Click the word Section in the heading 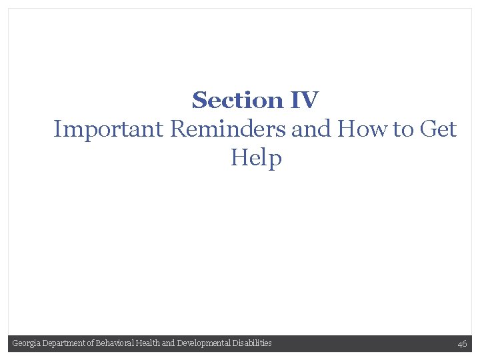(237, 101)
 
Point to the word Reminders (229, 129)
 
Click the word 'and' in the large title (312, 129)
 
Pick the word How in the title (364, 129)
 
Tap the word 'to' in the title (403, 129)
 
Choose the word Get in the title (439, 129)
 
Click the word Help (256, 159)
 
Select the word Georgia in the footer (25, 343)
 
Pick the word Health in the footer (150, 343)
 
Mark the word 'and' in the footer (169, 343)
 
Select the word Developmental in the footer (203, 343)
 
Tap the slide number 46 (462, 344)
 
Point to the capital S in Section (199, 101)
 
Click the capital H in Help (238, 158)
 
